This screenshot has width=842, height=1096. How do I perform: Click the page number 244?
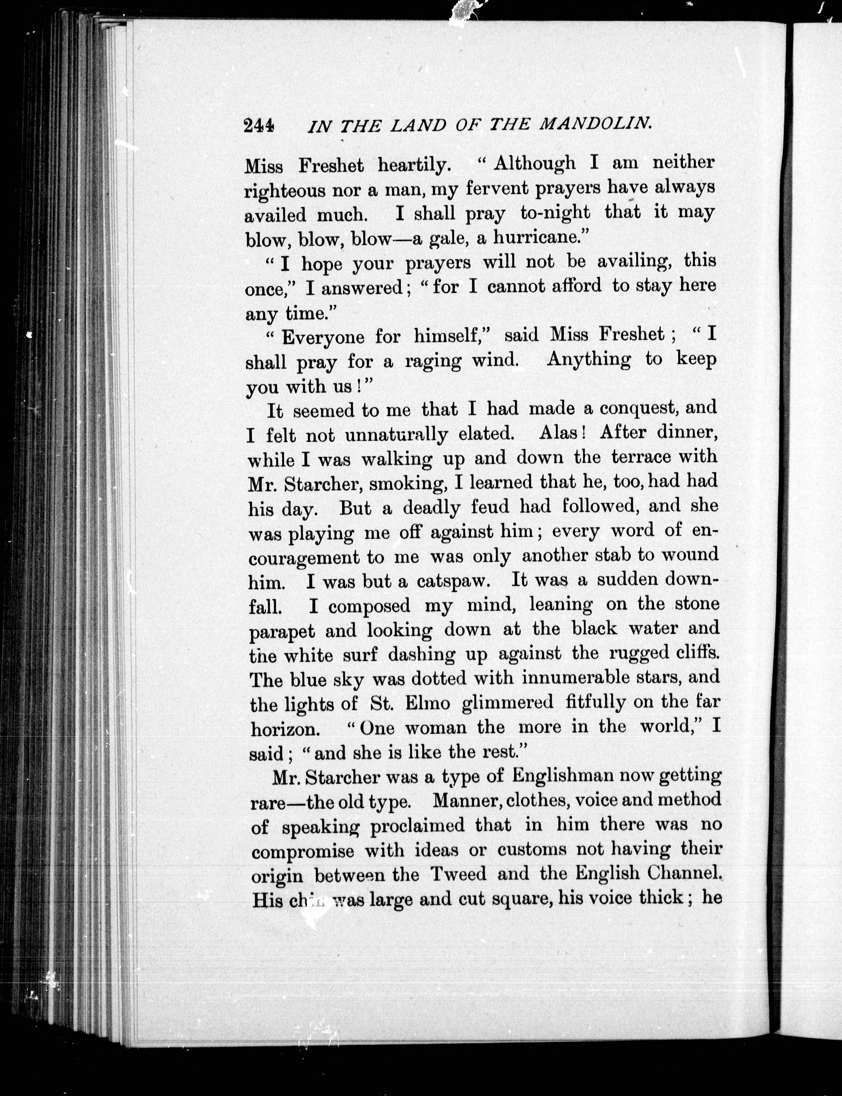[259, 125]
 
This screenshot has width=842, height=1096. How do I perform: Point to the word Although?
[535, 163]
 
